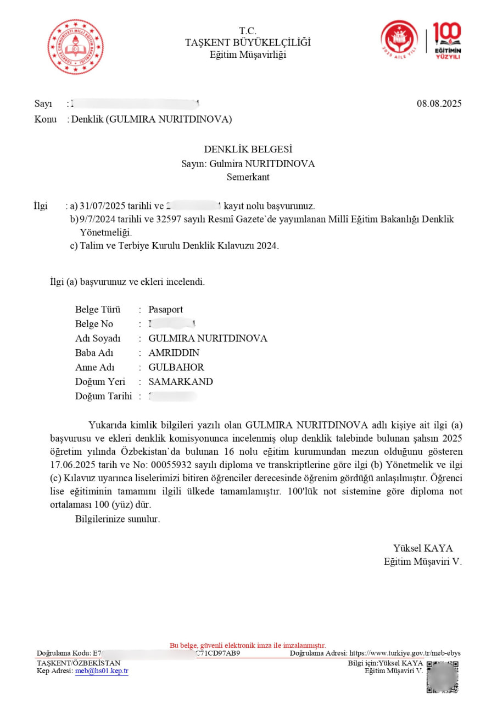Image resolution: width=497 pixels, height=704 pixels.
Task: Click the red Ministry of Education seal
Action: [x=75, y=47]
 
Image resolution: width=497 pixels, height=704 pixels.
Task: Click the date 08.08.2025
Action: [x=439, y=103]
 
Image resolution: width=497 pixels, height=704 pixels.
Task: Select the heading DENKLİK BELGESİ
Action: [x=248, y=149]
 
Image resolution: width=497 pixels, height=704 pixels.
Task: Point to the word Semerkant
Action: [x=248, y=177]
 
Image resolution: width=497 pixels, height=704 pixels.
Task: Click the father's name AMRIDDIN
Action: [x=174, y=353]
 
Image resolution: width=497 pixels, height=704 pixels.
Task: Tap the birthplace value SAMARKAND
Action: [x=181, y=382]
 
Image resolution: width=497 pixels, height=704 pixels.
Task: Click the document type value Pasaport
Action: [x=166, y=309]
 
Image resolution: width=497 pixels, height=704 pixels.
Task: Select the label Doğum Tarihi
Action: [x=100, y=396]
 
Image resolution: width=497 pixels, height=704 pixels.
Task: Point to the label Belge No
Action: [x=94, y=324]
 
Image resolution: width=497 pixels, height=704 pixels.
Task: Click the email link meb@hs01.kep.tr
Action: [x=102, y=671]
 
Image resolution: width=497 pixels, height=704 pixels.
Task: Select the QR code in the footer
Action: [x=443, y=676]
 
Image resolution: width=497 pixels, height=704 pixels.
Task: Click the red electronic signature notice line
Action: [x=248, y=645]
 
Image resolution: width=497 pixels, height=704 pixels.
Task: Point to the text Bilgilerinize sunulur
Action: [x=118, y=519]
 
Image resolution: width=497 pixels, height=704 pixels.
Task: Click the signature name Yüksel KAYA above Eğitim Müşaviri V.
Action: [x=423, y=548]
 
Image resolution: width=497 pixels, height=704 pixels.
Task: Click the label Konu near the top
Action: [x=46, y=119]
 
